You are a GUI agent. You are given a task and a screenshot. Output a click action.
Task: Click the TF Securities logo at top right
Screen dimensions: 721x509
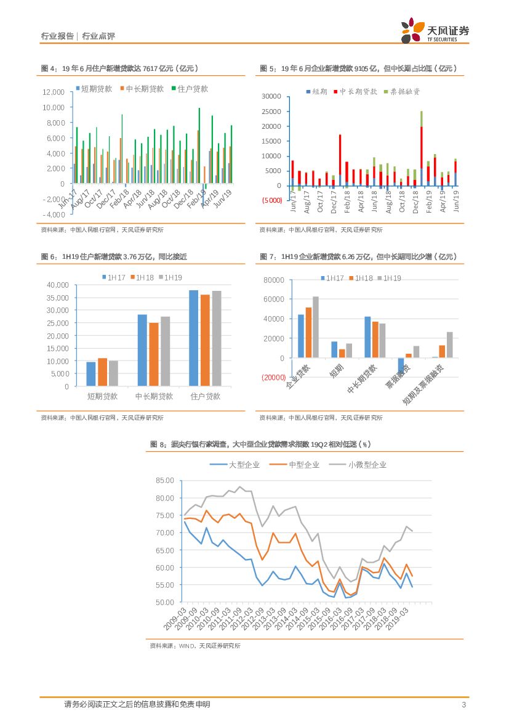point(434,31)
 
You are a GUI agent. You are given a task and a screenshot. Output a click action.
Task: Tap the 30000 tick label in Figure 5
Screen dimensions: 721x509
point(271,97)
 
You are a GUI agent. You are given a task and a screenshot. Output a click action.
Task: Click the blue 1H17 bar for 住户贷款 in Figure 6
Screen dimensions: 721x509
point(193,338)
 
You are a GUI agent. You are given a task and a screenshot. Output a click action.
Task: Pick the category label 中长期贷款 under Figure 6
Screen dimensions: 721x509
point(154,396)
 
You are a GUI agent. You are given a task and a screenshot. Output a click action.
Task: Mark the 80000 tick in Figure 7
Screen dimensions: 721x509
point(273,280)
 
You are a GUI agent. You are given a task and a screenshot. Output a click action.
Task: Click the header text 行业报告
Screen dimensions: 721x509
point(57,36)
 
